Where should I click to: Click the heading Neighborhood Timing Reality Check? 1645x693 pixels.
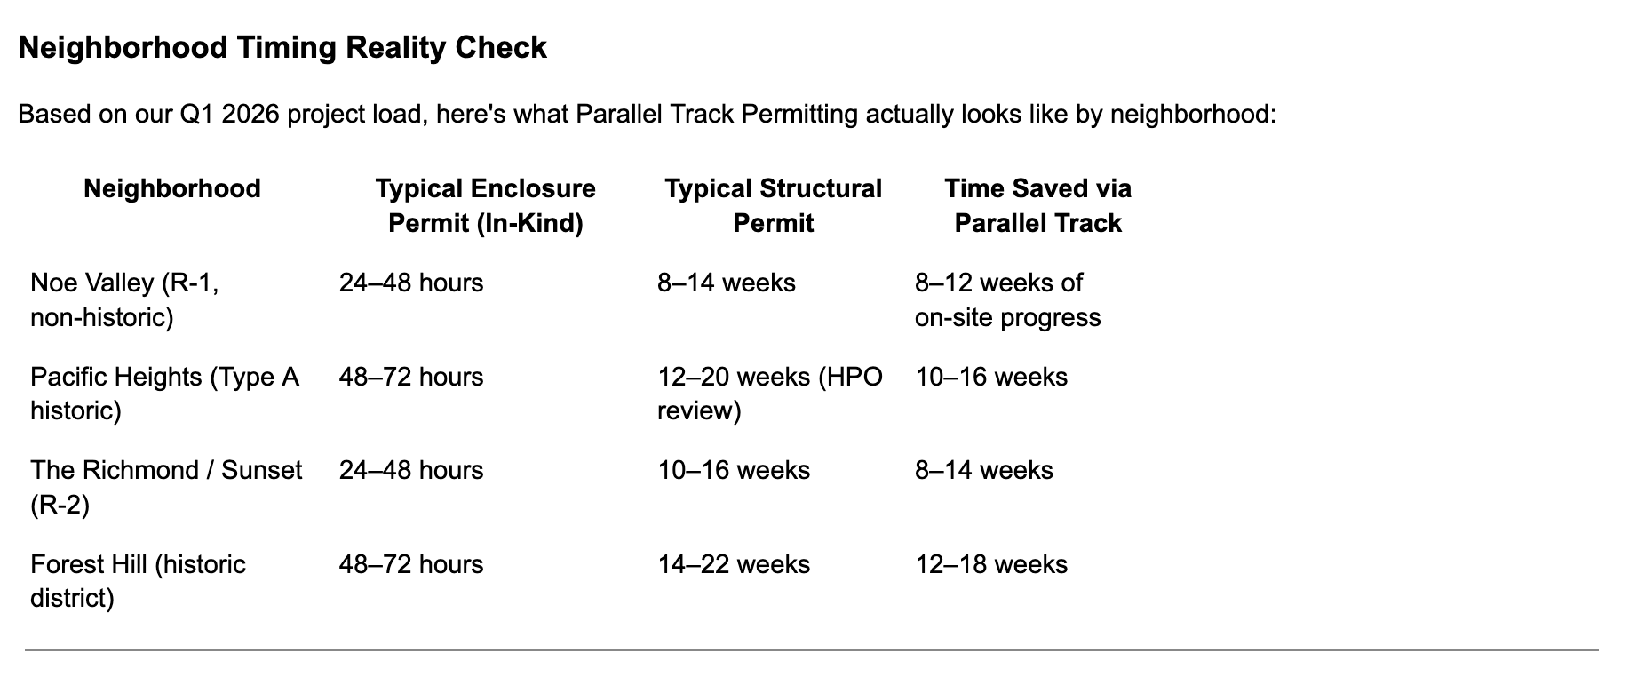282,48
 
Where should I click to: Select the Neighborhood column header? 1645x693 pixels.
172,188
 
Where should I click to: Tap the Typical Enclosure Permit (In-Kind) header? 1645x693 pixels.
486,205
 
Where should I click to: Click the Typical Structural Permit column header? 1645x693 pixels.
774,205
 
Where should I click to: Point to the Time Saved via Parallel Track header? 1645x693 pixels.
1038,205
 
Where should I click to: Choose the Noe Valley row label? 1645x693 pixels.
124,299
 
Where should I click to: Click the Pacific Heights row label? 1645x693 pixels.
165,394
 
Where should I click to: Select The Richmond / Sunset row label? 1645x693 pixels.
166,487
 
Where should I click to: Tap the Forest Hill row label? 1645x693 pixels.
138,581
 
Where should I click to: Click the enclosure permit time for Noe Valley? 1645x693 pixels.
411,283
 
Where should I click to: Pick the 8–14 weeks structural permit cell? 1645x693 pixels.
727,283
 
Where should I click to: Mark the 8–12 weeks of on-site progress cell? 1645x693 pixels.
1008,299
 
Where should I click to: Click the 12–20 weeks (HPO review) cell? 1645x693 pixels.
770,394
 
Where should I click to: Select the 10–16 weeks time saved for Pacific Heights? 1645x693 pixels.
991,377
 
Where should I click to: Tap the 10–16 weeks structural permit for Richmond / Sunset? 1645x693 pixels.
734,470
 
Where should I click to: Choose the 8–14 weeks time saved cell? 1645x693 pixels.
984,470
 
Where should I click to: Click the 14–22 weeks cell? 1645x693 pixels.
734,564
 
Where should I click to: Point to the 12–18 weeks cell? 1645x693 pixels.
991,564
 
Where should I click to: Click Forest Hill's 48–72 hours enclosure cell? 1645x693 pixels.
411,564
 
